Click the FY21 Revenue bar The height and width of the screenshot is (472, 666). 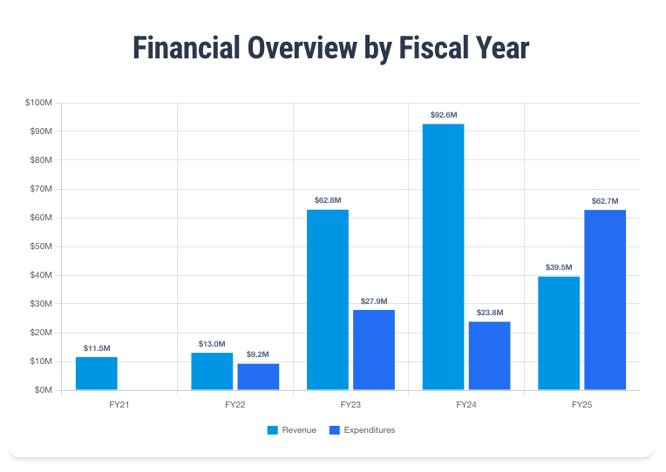pos(97,374)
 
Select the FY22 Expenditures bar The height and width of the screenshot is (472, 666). pos(258,376)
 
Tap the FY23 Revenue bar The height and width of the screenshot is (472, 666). pos(328,300)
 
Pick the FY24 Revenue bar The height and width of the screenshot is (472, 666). pos(443,257)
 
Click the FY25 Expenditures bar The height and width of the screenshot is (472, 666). pos(605,300)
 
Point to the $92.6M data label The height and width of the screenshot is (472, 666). pos(444,115)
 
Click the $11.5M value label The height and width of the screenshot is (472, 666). pos(97,348)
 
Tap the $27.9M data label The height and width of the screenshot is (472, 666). pos(374,301)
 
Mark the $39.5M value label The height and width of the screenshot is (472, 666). pos(559,267)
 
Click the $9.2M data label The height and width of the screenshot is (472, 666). pos(258,354)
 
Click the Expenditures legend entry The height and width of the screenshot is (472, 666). pos(362,430)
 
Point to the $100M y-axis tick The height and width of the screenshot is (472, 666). pos(40,103)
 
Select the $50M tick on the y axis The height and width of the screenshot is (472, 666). pos(42,246)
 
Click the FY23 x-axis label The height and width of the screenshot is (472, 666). pos(350,405)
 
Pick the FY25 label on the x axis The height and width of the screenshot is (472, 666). pos(581,405)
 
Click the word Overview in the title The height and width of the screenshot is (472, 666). pos(299,49)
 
